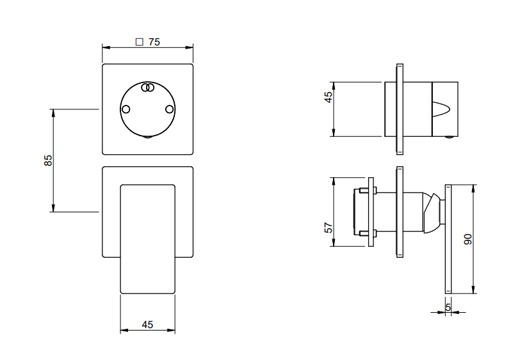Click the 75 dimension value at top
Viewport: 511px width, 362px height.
pos(154,42)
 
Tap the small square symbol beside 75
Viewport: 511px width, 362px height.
pos(140,42)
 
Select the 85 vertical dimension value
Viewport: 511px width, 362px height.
pos(48,160)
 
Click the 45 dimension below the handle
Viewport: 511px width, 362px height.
pos(147,324)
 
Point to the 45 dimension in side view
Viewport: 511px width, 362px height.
pos(328,97)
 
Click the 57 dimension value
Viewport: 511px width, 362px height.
pos(329,228)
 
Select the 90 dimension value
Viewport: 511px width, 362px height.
pos(467,239)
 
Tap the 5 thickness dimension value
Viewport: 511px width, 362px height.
pos(448,307)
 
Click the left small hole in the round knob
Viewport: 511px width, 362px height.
pos(126,109)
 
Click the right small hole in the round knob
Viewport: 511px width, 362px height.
pos(170,109)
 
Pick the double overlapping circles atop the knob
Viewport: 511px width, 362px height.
pos(148,87)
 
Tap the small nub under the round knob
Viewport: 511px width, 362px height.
pos(147,138)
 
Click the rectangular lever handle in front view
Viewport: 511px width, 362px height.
pos(148,239)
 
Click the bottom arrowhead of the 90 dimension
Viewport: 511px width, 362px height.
pos(473,289)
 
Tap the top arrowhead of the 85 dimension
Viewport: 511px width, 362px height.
pos(53,113)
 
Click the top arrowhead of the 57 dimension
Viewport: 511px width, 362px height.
pos(334,182)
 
